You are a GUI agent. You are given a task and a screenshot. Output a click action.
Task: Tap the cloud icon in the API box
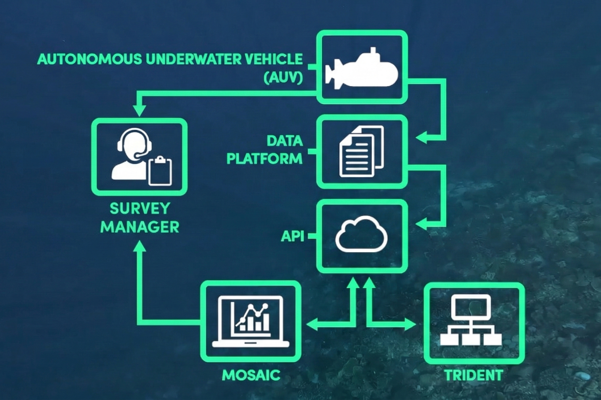[x=361, y=234]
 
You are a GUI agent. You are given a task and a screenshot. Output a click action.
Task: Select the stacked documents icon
[x=361, y=151]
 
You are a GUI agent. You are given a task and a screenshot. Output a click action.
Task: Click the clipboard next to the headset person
[x=160, y=171]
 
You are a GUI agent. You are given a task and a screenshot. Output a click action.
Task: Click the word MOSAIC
[x=251, y=375]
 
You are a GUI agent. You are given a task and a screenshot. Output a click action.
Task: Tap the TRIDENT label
[x=474, y=375]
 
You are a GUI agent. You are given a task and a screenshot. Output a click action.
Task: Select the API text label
[x=292, y=236]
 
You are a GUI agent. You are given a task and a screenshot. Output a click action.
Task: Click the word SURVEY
[x=140, y=209]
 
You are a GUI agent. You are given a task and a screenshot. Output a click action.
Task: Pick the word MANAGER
[x=140, y=227]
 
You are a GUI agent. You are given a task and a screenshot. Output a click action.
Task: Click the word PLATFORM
[x=264, y=159]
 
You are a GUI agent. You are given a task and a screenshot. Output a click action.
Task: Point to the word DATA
[x=285, y=141]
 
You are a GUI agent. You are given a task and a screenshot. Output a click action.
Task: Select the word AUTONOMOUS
[x=90, y=59]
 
